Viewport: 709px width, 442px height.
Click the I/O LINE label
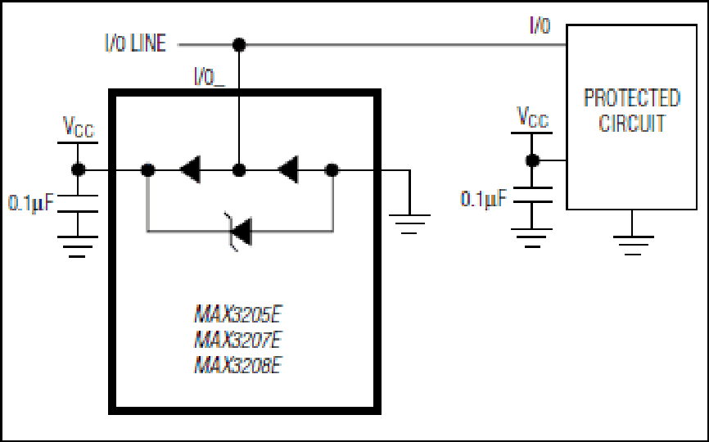136,43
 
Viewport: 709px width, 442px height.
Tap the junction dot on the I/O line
239,45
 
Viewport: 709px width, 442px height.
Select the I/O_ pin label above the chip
210,77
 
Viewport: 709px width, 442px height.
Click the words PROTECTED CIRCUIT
632,110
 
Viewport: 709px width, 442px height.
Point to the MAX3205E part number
238,314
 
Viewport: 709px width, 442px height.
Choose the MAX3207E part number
238,340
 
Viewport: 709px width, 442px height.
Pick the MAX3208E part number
238,365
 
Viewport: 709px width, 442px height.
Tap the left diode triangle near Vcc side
191,169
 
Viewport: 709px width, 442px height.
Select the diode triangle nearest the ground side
288,169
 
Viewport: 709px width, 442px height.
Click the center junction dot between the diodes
239,170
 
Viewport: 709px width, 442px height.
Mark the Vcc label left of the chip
79,127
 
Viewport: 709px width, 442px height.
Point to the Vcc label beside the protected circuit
533,117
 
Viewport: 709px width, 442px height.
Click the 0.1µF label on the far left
31,203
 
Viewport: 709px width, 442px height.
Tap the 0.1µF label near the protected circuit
483,198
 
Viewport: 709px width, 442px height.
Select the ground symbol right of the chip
409,224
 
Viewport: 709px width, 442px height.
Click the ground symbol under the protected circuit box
633,246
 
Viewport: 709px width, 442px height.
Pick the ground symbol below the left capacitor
77,246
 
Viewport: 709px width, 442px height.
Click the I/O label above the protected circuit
540,25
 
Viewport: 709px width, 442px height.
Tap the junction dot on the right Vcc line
532,160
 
